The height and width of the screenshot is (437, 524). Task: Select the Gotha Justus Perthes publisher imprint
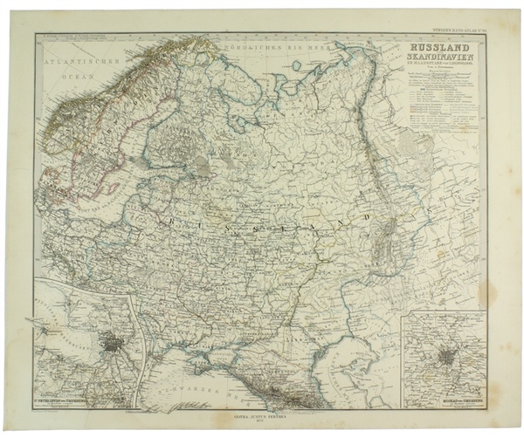pos(260,415)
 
